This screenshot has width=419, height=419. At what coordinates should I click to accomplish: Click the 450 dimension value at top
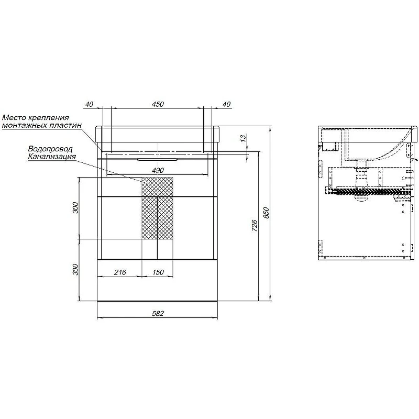pyautogui.click(x=158, y=104)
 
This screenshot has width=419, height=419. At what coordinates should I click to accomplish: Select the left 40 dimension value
pyautogui.click(x=89, y=104)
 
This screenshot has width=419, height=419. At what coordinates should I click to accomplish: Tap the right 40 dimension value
pyautogui.click(x=226, y=104)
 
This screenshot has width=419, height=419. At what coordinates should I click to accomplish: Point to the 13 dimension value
pyautogui.click(x=243, y=138)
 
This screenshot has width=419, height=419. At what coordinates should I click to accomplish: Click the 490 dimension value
pyautogui.click(x=158, y=170)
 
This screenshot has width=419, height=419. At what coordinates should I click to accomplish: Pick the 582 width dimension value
pyautogui.click(x=158, y=313)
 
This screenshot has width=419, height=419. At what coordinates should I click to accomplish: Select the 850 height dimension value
pyautogui.click(x=267, y=213)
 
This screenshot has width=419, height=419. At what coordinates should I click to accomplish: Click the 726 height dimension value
pyautogui.click(x=255, y=226)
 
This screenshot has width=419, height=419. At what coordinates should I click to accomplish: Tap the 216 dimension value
pyautogui.click(x=120, y=272)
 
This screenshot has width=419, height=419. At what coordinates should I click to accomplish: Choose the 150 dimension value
pyautogui.click(x=158, y=272)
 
